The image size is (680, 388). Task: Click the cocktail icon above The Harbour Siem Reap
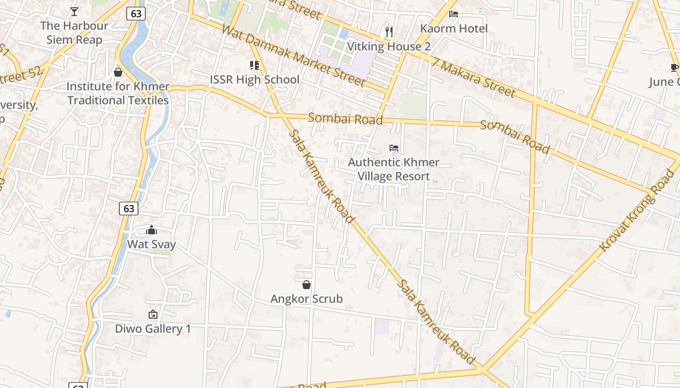point(74,11)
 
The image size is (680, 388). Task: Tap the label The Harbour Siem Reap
point(74,32)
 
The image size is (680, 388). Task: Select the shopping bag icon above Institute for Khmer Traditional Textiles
point(118,72)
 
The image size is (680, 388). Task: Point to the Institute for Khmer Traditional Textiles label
point(118,94)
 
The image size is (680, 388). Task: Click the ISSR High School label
point(255,80)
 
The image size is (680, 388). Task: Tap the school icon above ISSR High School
point(254,65)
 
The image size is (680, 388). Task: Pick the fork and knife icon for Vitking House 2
point(389,32)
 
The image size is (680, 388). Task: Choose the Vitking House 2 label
point(389,47)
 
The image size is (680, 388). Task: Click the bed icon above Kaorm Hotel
point(454,14)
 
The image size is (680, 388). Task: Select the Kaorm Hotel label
point(454,29)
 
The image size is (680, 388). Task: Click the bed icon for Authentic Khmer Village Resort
point(394,147)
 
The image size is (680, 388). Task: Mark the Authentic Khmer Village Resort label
point(394,169)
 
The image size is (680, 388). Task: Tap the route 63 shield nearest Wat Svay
point(129,209)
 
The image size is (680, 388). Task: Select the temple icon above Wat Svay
point(152,230)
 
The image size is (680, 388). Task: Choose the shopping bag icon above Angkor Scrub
point(306,285)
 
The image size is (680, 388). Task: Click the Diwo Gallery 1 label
point(153,329)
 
